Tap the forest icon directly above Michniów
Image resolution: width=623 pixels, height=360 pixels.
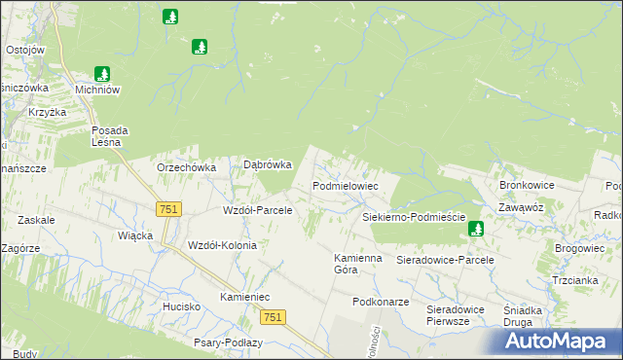pos(103,73)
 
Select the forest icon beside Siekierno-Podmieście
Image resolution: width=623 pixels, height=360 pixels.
pos(476,229)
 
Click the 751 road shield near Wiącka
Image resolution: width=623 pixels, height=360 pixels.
pos(167,209)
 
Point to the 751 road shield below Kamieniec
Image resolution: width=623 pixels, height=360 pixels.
pos(273,318)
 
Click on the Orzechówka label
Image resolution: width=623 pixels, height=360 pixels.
pos(186,167)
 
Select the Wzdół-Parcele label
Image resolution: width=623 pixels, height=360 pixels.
pos(258,210)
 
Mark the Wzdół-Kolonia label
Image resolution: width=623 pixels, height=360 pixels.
pos(222,245)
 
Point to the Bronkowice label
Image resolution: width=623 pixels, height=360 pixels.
pos(526,184)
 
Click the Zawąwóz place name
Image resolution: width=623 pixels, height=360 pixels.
pos(522,207)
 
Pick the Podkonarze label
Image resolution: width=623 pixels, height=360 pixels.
pos(381,303)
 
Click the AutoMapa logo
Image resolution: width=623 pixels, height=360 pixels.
pos(558,341)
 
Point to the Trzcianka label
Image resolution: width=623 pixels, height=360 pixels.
pos(574,280)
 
